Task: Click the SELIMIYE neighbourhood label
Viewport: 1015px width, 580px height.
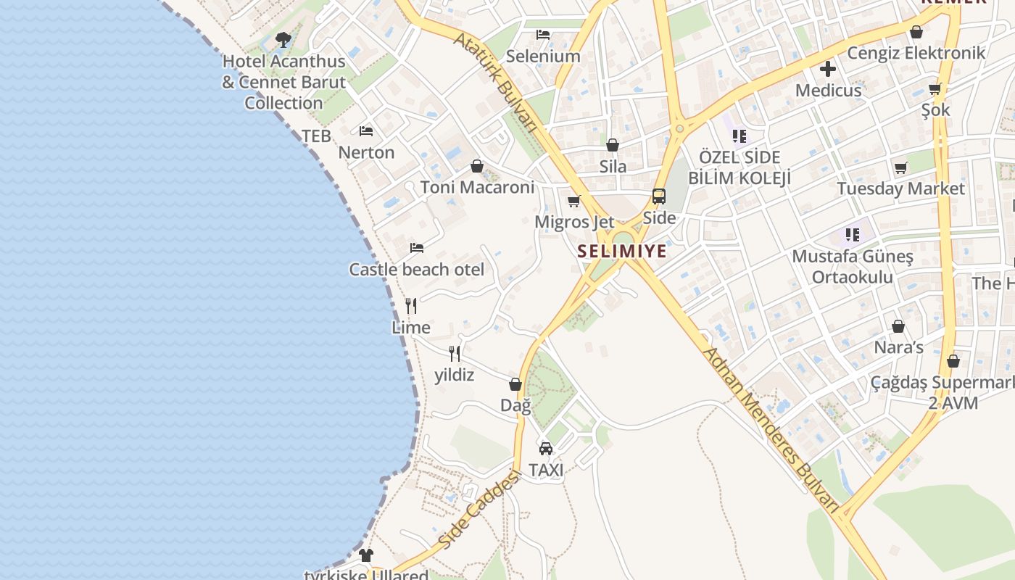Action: [622, 252]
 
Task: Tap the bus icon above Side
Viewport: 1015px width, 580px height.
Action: [658, 196]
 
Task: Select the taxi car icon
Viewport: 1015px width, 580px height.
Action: [546, 449]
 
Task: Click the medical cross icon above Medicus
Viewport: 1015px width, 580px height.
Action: [828, 70]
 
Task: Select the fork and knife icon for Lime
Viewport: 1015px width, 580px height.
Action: [411, 306]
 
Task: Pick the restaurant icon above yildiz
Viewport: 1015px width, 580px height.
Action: [455, 354]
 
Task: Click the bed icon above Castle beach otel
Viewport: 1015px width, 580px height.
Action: [417, 248]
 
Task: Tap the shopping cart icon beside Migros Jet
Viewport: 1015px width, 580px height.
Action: [574, 201]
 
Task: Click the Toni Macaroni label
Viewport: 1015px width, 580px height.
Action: [477, 187]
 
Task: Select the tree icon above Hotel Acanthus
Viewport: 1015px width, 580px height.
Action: [283, 39]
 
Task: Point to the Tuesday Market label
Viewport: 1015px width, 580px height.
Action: [900, 189]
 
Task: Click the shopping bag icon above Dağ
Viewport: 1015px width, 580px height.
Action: [515, 384]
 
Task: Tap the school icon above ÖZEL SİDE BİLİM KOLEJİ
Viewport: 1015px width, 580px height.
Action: [739, 136]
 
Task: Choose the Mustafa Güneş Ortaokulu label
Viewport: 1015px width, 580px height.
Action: [853, 266]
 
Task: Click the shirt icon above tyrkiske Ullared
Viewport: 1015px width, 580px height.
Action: [366, 555]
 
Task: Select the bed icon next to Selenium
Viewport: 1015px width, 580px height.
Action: [543, 35]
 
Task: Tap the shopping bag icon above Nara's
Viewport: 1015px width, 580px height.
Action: [898, 326]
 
